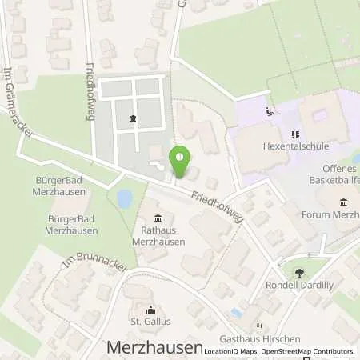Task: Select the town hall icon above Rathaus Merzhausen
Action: (x=158, y=219)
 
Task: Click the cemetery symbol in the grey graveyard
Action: (x=133, y=119)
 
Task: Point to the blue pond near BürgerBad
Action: (x=125, y=198)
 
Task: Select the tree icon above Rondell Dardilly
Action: (x=299, y=273)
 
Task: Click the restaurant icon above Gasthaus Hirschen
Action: (x=259, y=327)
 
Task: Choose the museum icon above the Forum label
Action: (x=343, y=202)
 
